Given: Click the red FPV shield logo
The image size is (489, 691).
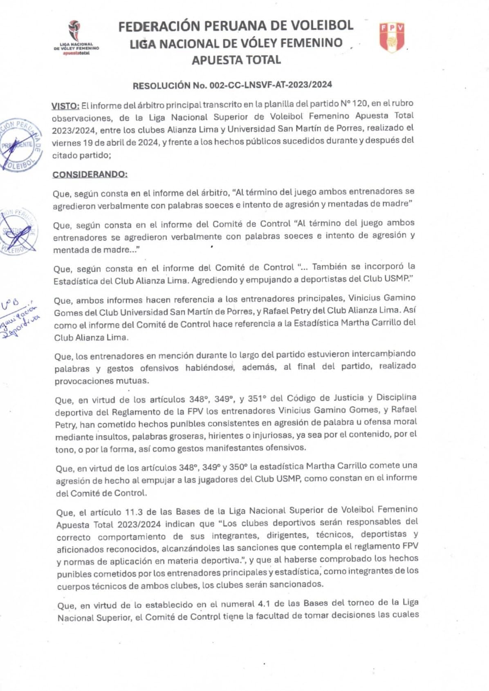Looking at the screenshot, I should point(392,38).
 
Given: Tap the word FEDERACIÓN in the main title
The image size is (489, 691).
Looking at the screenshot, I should point(159,26).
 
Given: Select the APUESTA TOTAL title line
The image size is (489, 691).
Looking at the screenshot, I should point(236,60).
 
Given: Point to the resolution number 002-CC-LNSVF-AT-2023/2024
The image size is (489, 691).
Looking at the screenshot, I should point(271,85).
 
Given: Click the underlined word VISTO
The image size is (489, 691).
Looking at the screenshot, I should point(65,106).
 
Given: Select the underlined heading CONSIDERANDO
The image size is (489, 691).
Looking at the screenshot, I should point(90,174).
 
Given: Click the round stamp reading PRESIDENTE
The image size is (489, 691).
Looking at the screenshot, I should point(20,145).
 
